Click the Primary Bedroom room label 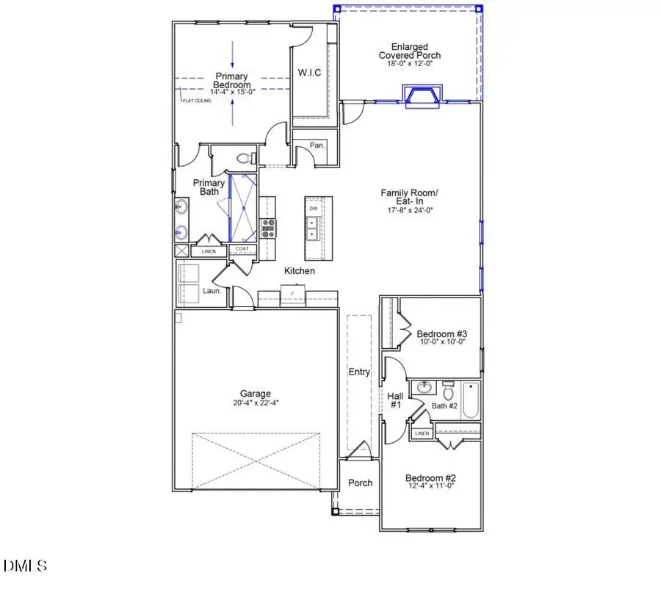click(x=231, y=81)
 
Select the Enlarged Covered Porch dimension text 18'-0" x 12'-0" click(x=410, y=64)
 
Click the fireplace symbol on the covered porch click(x=422, y=95)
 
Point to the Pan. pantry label click(x=317, y=145)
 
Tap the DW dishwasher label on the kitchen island click(x=314, y=209)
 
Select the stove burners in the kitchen click(x=269, y=228)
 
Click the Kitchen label click(x=300, y=271)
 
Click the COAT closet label click(x=242, y=249)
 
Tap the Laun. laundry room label click(x=212, y=291)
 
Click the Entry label click(x=359, y=372)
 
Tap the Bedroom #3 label click(x=437, y=334)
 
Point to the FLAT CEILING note click(x=196, y=101)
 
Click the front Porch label click(x=360, y=483)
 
